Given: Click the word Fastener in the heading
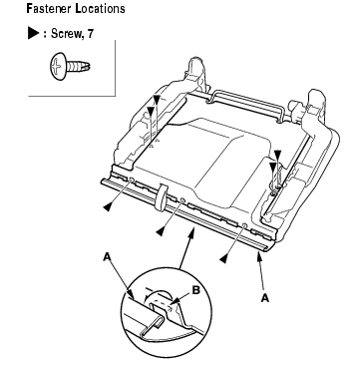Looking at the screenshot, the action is pyautogui.click(x=49, y=9).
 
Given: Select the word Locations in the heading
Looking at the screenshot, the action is pyautogui.click(x=100, y=9).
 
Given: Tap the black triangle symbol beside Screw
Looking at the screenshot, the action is pyautogui.click(x=34, y=34).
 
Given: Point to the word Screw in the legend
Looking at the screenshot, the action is pyautogui.click(x=66, y=34).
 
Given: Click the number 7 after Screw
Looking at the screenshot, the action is pyautogui.click(x=90, y=34).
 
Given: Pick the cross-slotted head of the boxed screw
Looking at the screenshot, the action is pyautogui.click(x=57, y=67).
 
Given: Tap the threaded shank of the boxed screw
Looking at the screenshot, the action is pyautogui.click(x=79, y=66).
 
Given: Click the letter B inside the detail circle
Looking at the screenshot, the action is pyautogui.click(x=196, y=290).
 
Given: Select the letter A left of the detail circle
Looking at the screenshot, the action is pyautogui.click(x=107, y=256).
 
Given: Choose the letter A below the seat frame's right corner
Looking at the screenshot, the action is pyautogui.click(x=264, y=298).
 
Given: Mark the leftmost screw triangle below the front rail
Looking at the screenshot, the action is pyautogui.click(x=107, y=206).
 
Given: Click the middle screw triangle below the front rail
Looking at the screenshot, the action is pyautogui.click(x=160, y=231).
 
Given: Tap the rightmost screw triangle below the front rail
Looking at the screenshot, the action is pyautogui.click(x=224, y=258).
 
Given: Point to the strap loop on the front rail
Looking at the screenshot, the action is pyautogui.click(x=161, y=196).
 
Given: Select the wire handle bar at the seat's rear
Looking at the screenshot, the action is pyautogui.click(x=246, y=106).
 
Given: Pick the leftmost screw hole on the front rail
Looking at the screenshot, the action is pyautogui.click(x=132, y=180).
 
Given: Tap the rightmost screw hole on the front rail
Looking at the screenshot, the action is pyautogui.click(x=244, y=225).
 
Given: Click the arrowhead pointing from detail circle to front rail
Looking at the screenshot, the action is pyautogui.click(x=191, y=234).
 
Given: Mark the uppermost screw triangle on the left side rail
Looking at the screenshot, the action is pyautogui.click(x=157, y=99).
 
